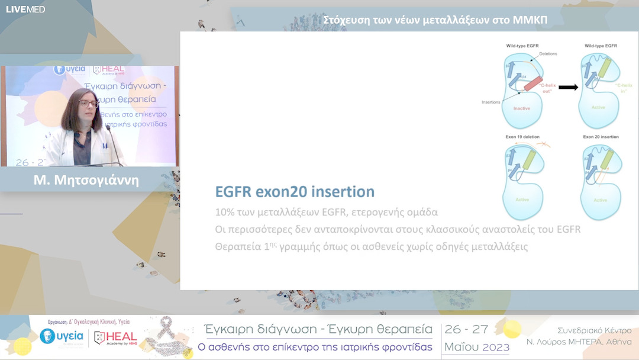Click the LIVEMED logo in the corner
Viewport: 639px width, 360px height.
(x=25, y=9)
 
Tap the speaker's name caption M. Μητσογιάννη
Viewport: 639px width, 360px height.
(x=86, y=180)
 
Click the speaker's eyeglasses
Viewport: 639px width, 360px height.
(x=88, y=104)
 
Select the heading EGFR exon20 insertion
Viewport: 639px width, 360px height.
(x=295, y=192)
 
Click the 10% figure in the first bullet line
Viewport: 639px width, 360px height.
(x=224, y=211)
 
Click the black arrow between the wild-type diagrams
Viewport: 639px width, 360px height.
(x=568, y=87)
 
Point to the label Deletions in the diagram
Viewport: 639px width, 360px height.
(x=548, y=54)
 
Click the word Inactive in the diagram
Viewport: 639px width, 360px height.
(x=521, y=108)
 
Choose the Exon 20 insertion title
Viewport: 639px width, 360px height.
(x=601, y=137)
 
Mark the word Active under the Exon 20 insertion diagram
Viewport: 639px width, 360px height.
(x=600, y=200)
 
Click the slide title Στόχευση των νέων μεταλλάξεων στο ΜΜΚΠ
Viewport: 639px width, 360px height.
(x=435, y=20)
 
